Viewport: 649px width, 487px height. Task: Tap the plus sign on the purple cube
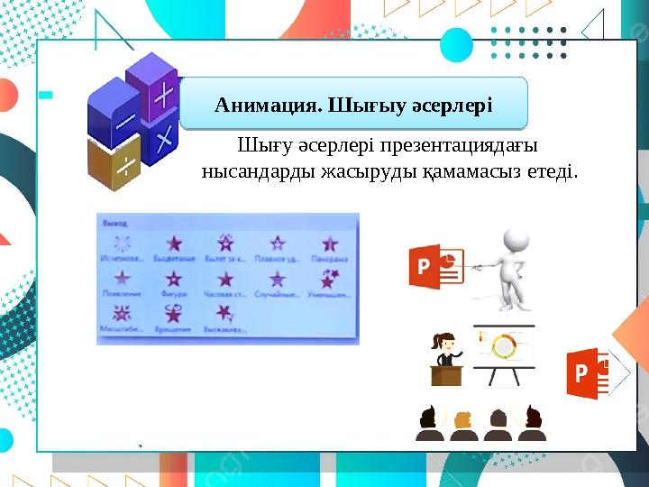164,96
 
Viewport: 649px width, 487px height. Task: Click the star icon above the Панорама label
330,243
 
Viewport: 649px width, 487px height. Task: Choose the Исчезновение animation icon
122,243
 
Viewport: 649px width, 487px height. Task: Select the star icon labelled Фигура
173,279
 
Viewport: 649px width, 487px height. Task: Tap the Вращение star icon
173,313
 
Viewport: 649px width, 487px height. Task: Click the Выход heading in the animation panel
114,222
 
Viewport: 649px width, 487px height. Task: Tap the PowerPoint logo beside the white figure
434,266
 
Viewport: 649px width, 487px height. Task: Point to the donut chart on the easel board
504,345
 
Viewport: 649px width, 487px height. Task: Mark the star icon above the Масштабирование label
122,313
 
